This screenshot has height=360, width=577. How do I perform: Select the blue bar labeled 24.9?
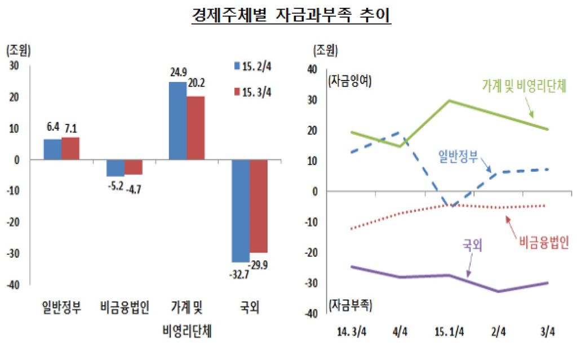(177, 121)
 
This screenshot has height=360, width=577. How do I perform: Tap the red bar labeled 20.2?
(196, 128)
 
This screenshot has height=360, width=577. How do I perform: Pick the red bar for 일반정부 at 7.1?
(70, 148)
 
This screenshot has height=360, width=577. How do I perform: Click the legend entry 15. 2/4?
(252, 66)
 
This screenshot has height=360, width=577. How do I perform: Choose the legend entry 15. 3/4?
(252, 92)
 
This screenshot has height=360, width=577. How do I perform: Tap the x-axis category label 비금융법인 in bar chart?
(125, 308)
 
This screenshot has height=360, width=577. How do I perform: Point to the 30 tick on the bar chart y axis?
(14, 65)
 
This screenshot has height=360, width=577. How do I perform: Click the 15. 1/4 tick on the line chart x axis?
(449, 332)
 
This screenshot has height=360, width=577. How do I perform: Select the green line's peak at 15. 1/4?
(449, 101)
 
